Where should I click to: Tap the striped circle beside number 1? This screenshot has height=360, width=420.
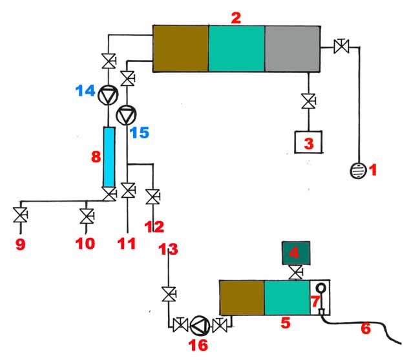[x=356, y=171]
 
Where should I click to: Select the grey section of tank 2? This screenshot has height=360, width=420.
[x=292, y=48]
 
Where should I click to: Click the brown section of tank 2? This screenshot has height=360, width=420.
[x=180, y=48]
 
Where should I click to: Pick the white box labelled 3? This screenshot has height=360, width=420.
[x=309, y=142]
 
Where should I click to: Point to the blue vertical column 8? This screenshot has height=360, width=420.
[x=109, y=156]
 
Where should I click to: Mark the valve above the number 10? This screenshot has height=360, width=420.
[x=85, y=215]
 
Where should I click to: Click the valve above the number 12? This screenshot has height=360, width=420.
[x=153, y=195]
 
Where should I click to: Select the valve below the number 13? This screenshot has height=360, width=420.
[x=169, y=295]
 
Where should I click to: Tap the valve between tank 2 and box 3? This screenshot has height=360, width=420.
[x=309, y=102]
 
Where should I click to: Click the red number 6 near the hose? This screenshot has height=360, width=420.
[x=366, y=328]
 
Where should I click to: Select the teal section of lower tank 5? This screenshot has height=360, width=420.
[x=287, y=299]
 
